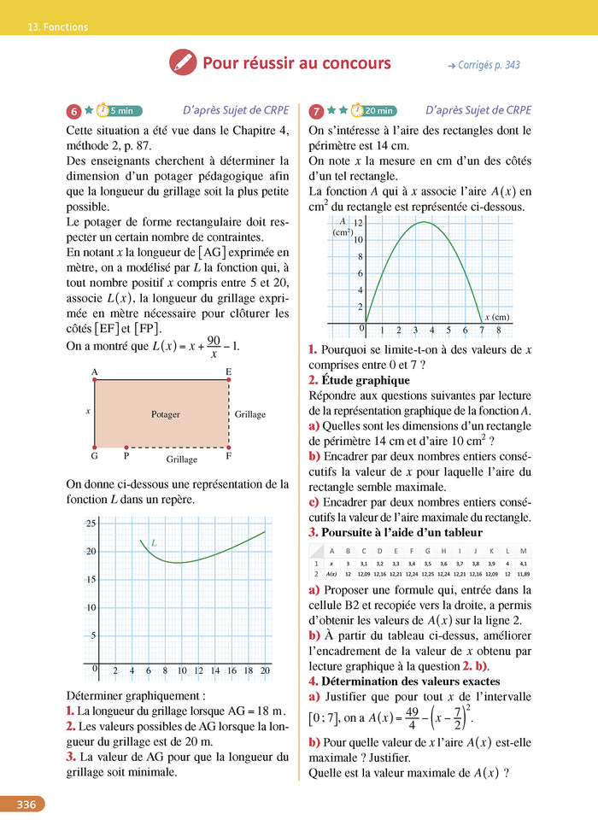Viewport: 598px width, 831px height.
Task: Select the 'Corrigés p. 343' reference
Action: [x=484, y=65]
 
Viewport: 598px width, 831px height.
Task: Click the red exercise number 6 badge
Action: [x=74, y=111]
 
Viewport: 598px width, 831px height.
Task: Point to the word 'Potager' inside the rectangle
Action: [x=166, y=414]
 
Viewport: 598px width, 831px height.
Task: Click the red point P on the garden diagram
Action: [x=126, y=447]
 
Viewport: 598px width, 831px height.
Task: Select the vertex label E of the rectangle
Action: [x=228, y=372]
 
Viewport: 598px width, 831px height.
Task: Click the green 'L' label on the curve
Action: [x=154, y=542]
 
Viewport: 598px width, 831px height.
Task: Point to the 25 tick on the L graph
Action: [x=90, y=524]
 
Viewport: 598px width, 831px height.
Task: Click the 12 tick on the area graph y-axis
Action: [x=359, y=224]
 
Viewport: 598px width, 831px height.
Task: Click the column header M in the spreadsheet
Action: [x=523, y=551]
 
